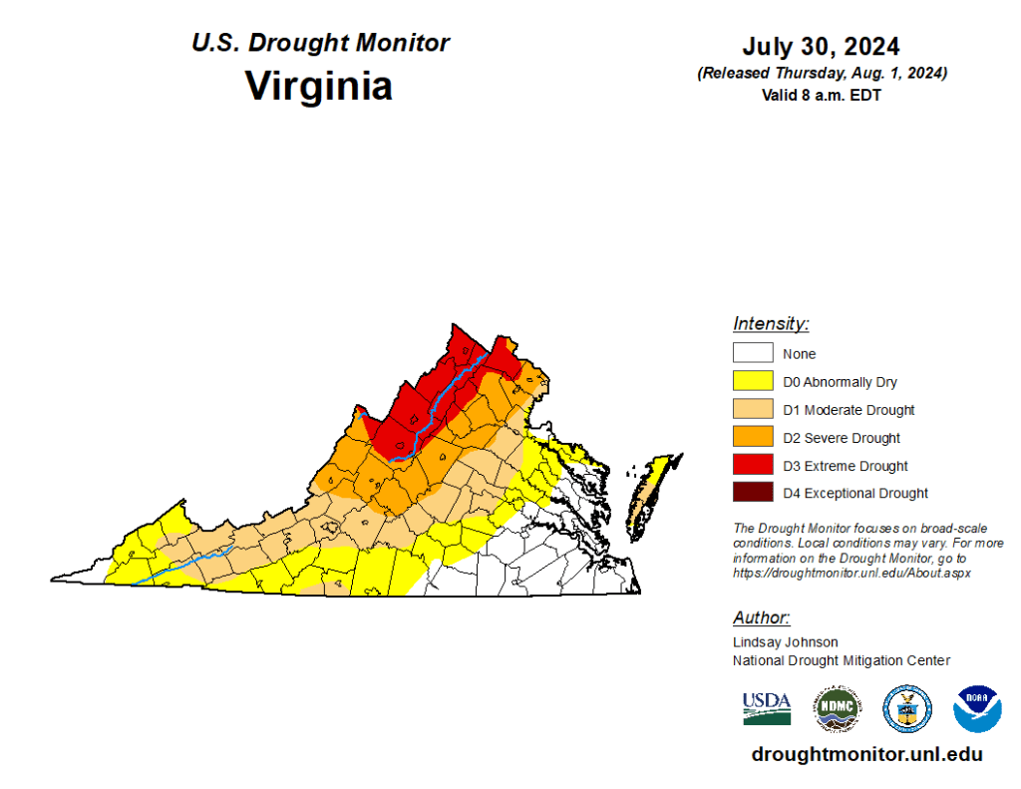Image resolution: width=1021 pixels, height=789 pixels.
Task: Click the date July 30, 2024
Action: (821, 47)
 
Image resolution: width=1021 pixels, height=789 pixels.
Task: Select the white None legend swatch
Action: (753, 353)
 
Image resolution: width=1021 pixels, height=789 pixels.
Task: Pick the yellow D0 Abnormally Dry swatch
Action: (753, 381)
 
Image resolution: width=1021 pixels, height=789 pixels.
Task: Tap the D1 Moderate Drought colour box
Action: (753, 409)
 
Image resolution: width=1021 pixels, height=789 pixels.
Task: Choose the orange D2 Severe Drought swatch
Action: (753, 437)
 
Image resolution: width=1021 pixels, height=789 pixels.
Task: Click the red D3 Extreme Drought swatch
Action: (753, 465)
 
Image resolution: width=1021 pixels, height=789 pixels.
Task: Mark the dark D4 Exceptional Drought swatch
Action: (753, 493)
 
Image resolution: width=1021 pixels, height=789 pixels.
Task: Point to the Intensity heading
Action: (771, 324)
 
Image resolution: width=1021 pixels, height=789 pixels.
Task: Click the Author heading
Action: (761, 617)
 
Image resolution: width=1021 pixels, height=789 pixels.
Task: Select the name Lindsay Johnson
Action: (786, 642)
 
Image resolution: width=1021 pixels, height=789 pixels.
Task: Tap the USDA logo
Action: (767, 708)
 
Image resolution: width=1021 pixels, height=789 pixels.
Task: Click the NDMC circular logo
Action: (838, 709)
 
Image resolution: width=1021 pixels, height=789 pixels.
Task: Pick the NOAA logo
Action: (977, 709)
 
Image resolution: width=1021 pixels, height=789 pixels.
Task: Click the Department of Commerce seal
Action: (907, 709)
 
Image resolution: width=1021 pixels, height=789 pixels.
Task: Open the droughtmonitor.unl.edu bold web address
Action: (866, 755)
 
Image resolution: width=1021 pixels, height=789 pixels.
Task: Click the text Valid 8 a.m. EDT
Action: (821, 96)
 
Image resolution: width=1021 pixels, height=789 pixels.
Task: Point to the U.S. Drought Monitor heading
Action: (320, 43)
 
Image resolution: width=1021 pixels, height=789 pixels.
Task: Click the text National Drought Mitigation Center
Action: (842, 660)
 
